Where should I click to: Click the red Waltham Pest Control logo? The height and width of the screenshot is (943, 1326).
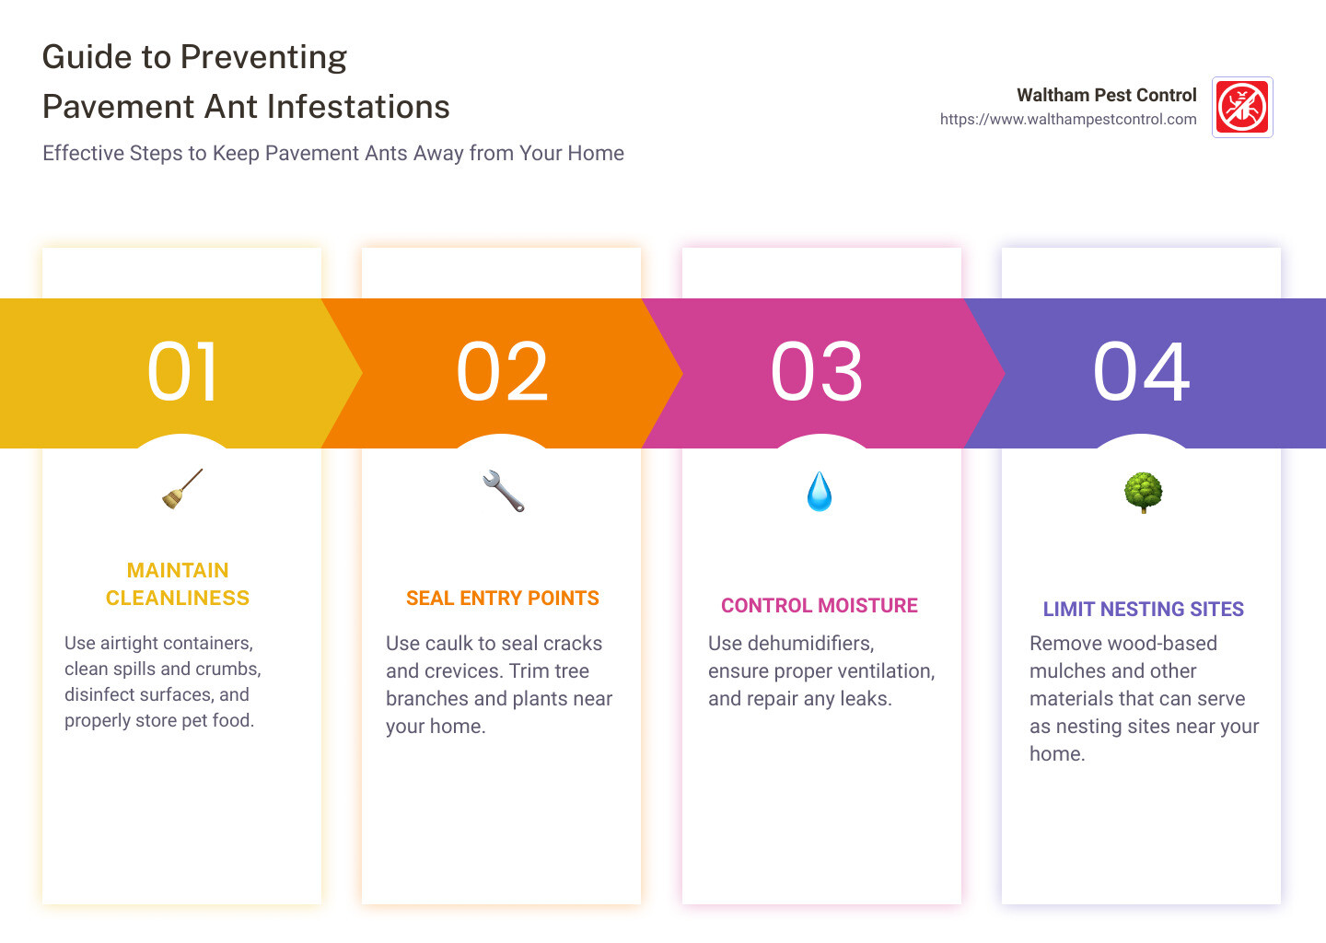pyautogui.click(x=1242, y=107)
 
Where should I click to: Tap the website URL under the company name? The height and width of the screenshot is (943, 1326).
pyautogui.click(x=1067, y=120)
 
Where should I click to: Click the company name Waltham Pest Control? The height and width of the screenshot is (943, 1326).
pyautogui.click(x=1106, y=95)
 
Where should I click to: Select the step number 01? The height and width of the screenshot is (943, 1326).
pyautogui.click(x=183, y=372)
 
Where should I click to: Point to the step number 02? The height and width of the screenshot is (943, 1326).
pyautogui.click(x=503, y=372)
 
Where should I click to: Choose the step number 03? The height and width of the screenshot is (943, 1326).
pyautogui.click(x=817, y=372)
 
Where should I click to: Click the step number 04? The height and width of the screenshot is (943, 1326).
pyautogui.click(x=1142, y=372)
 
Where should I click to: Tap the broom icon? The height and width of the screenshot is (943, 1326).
pyautogui.click(x=182, y=489)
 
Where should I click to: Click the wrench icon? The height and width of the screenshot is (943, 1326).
pyautogui.click(x=503, y=491)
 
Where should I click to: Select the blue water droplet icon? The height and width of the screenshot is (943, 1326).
pyautogui.click(x=819, y=492)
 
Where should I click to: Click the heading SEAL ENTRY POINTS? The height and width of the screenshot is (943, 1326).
pyautogui.click(x=502, y=599)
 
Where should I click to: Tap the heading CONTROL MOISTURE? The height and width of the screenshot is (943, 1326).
pyautogui.click(x=819, y=606)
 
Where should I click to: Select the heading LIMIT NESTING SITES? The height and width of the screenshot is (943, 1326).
pyautogui.click(x=1143, y=610)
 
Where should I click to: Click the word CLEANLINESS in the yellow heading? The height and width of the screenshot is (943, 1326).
pyautogui.click(x=178, y=599)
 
